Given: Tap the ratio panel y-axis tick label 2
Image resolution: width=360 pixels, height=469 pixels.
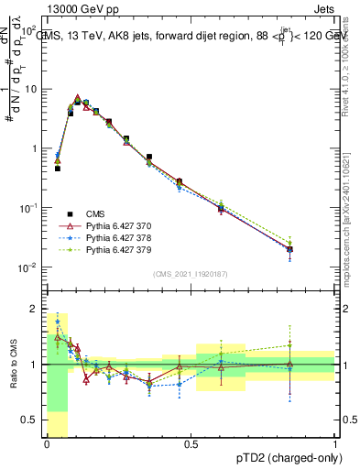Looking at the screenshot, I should (34, 308).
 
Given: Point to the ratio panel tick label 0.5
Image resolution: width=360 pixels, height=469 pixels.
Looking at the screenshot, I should (30, 422).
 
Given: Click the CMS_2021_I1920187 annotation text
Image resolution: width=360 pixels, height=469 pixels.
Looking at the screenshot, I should (190, 274).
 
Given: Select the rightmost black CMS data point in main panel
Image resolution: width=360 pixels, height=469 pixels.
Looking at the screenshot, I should (289, 249).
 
